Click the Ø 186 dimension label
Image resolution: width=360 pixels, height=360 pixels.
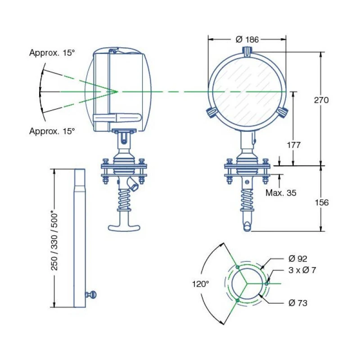pyautogui.click(x=247, y=40)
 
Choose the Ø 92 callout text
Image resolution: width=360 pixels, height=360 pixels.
pyautogui.click(x=297, y=259)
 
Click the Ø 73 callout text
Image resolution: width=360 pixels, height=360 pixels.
pyautogui.click(x=297, y=303)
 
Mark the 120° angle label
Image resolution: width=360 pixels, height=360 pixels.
pyautogui.click(x=201, y=284)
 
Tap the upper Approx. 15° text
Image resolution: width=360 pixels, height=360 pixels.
pyautogui.click(x=52, y=53)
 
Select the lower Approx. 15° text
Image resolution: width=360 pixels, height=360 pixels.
pyautogui.click(x=52, y=131)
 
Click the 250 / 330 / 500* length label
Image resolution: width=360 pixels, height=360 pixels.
pyautogui.click(x=54, y=240)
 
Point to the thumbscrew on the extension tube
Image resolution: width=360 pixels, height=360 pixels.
pyautogui.click(x=92, y=295)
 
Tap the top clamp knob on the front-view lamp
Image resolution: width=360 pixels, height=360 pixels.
pyautogui.click(x=247, y=51)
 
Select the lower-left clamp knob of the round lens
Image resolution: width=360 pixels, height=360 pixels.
pyautogui.click(x=211, y=112)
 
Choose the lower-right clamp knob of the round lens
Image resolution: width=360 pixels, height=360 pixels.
pyautogui.click(x=282, y=112)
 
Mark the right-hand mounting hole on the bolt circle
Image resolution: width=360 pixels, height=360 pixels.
pyautogui.click(x=267, y=283)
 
